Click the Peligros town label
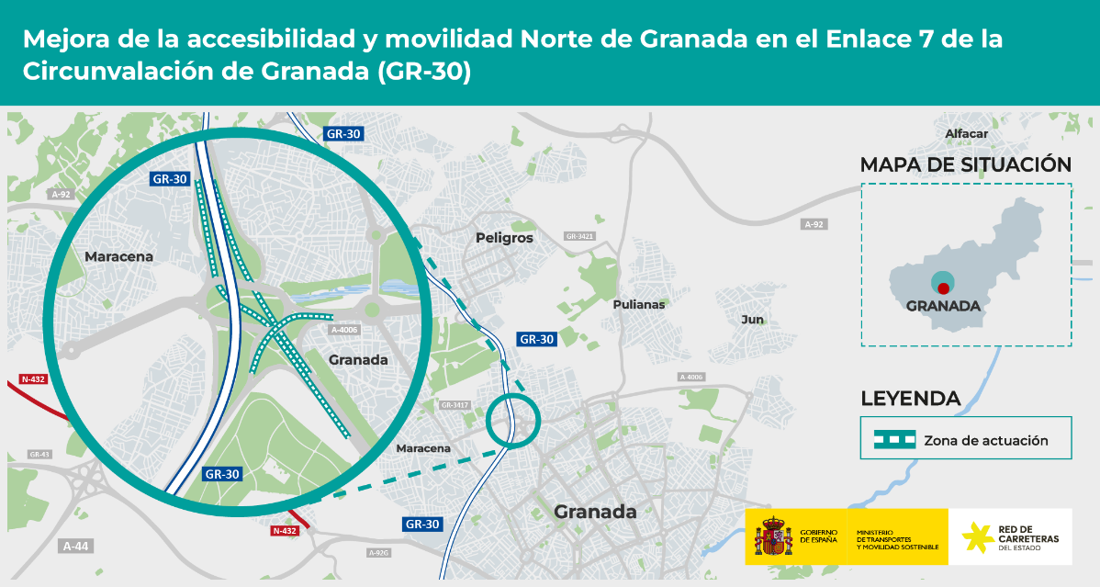[x=504, y=238]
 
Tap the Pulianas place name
[x=638, y=304]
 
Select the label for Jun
[x=752, y=319]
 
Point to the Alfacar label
[x=966, y=134]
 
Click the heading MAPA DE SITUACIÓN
[x=965, y=164]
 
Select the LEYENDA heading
[x=910, y=399]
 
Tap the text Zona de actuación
[x=985, y=441]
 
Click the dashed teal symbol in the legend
[x=893, y=441]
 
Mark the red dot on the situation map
[x=943, y=288]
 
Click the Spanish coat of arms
[x=772, y=536]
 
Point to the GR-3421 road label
[x=580, y=236]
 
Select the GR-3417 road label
[x=455, y=405]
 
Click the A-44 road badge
[x=76, y=546]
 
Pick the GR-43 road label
[x=39, y=455]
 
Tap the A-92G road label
[x=379, y=553]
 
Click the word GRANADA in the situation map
[x=943, y=306]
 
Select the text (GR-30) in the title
[x=423, y=72]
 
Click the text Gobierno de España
[x=818, y=536]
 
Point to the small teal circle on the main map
[x=512, y=421]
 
